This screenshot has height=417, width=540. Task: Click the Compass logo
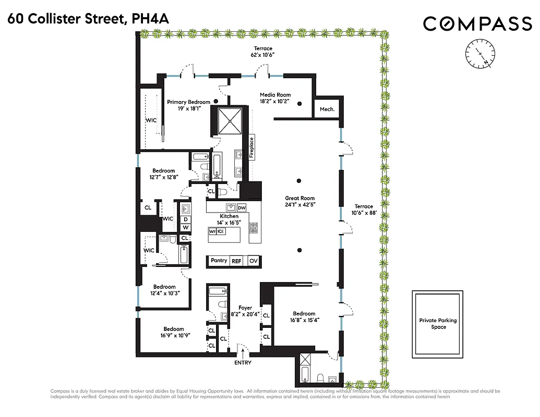click(477, 23)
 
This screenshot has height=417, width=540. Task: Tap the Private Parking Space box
click(438, 324)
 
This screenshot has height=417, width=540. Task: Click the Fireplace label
click(251, 147)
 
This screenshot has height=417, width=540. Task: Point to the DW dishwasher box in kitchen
click(242, 207)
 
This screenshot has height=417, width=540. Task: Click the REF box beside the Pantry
click(236, 261)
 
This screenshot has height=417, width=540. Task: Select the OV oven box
click(253, 261)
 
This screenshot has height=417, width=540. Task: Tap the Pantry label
click(219, 260)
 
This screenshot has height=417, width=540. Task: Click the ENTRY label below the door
click(243, 363)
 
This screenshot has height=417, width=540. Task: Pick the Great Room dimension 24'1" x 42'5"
click(299, 205)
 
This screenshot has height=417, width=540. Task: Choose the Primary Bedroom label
click(188, 102)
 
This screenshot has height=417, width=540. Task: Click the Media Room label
click(275, 95)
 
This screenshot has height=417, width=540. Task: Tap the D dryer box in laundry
click(185, 219)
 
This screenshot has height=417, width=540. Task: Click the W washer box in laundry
click(185, 227)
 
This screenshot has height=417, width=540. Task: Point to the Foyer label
click(245, 308)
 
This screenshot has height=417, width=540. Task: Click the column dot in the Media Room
click(300, 104)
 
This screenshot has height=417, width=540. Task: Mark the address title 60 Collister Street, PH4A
click(88, 20)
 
